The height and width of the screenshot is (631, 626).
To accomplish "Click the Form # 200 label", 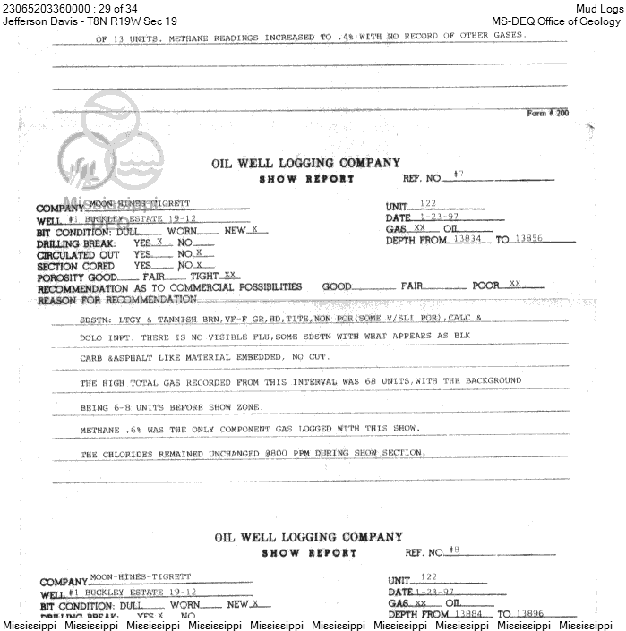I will pyautogui.click(x=548, y=113).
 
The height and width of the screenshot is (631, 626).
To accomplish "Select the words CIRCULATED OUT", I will pyautogui.click(x=77, y=254).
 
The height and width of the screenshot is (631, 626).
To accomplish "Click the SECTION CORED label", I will pyautogui.click(x=75, y=266).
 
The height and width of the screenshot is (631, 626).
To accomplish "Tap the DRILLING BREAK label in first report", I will pyautogui.click(x=76, y=243).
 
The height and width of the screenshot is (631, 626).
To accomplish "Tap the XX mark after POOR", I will pyautogui.click(x=514, y=284).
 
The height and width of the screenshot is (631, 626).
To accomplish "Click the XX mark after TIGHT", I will pyautogui.click(x=230, y=276).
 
